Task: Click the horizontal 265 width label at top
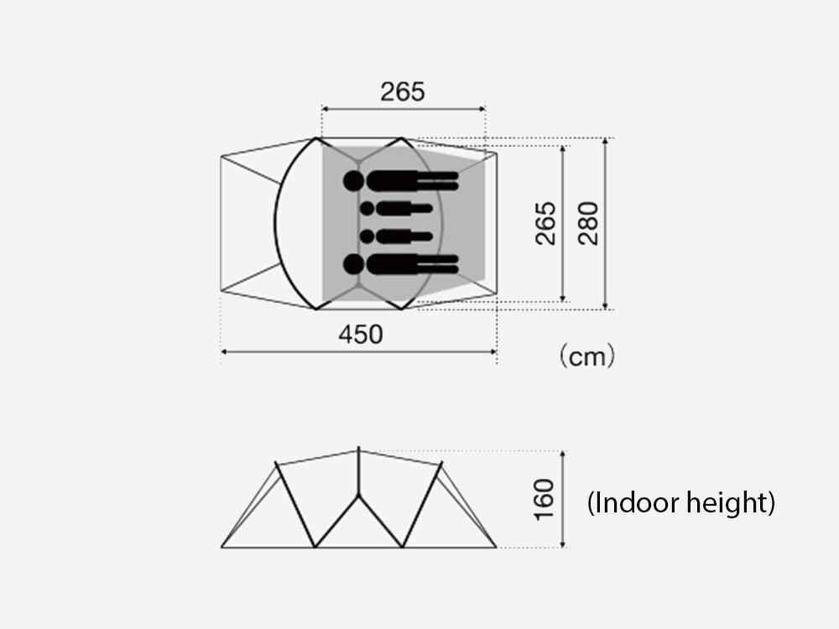coord(403,91)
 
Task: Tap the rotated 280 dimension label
coord(588,223)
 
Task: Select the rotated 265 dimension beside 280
coord(545,223)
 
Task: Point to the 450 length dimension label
coord(361,335)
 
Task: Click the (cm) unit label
coord(587,356)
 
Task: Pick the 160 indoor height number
coord(544,499)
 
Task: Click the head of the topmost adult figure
coord(354,181)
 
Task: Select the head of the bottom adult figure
coord(354,264)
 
